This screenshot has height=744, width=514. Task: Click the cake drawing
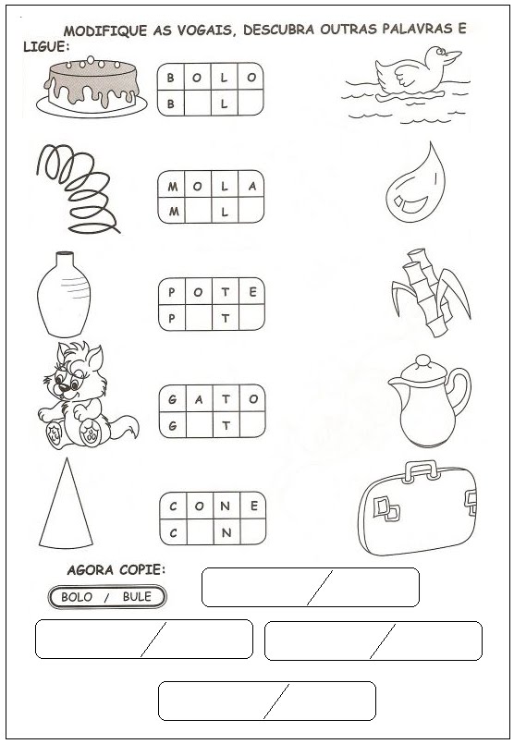click(x=92, y=86)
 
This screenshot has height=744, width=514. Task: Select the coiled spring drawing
click(x=78, y=189)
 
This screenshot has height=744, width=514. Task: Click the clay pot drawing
click(x=64, y=294)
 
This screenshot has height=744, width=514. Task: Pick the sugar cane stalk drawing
click(x=431, y=293)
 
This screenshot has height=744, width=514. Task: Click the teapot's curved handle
click(x=460, y=391)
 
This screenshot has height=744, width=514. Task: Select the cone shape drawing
click(x=66, y=504)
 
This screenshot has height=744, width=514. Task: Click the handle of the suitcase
click(x=421, y=470)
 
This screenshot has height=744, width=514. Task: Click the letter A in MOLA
click(x=252, y=186)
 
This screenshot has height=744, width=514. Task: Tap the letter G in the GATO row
click(x=172, y=399)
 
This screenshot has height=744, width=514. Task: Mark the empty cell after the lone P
click(x=199, y=318)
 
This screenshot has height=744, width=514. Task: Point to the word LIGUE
click(x=46, y=46)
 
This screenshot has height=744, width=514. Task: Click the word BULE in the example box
click(x=137, y=596)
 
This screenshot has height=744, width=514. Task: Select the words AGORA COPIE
click(x=116, y=570)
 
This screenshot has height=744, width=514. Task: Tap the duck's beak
click(x=452, y=56)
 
